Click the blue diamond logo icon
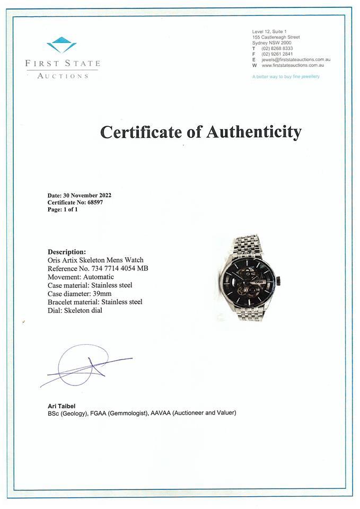(62, 45)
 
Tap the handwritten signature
(85, 366)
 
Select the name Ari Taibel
(62, 406)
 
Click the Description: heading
(67, 252)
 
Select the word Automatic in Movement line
(96, 277)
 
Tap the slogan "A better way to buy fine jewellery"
(286, 77)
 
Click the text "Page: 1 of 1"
(63, 209)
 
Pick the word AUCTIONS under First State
(62, 76)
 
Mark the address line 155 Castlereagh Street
(276, 37)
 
